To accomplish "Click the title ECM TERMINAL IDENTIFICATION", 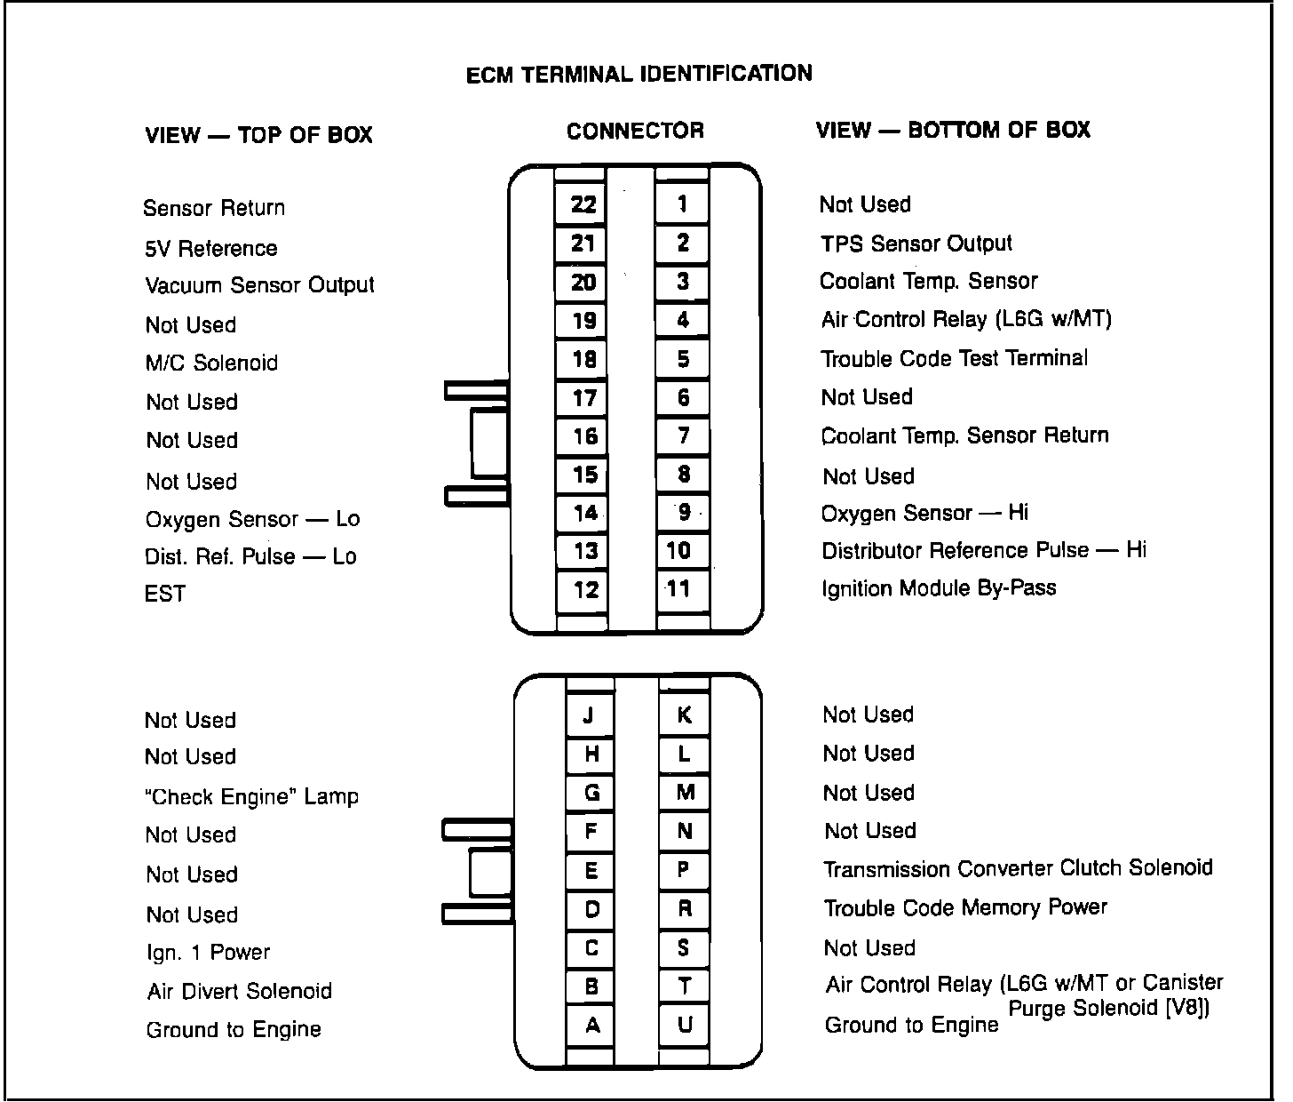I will point(639,74).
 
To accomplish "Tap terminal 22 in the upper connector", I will point(583,204).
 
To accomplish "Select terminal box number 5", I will point(682,359).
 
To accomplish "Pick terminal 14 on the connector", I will point(584,513).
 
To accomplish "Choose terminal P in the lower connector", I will point(683,870).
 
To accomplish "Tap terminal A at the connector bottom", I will point(592,1026).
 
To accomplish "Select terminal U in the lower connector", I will point(684,1026).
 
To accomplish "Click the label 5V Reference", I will point(210,249).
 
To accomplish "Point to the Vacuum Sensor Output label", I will point(259,285).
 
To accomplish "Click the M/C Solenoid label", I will point(211,363).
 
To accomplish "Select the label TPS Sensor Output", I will point(916,244).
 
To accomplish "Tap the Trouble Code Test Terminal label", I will point(954,358).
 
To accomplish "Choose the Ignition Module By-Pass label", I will point(939,588).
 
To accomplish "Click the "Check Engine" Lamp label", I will point(251,796).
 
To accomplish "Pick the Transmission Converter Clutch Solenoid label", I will point(1018,868).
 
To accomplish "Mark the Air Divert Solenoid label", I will point(240,991).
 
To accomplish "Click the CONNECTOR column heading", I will point(635,132).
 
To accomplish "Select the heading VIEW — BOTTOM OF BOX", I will point(953,131).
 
